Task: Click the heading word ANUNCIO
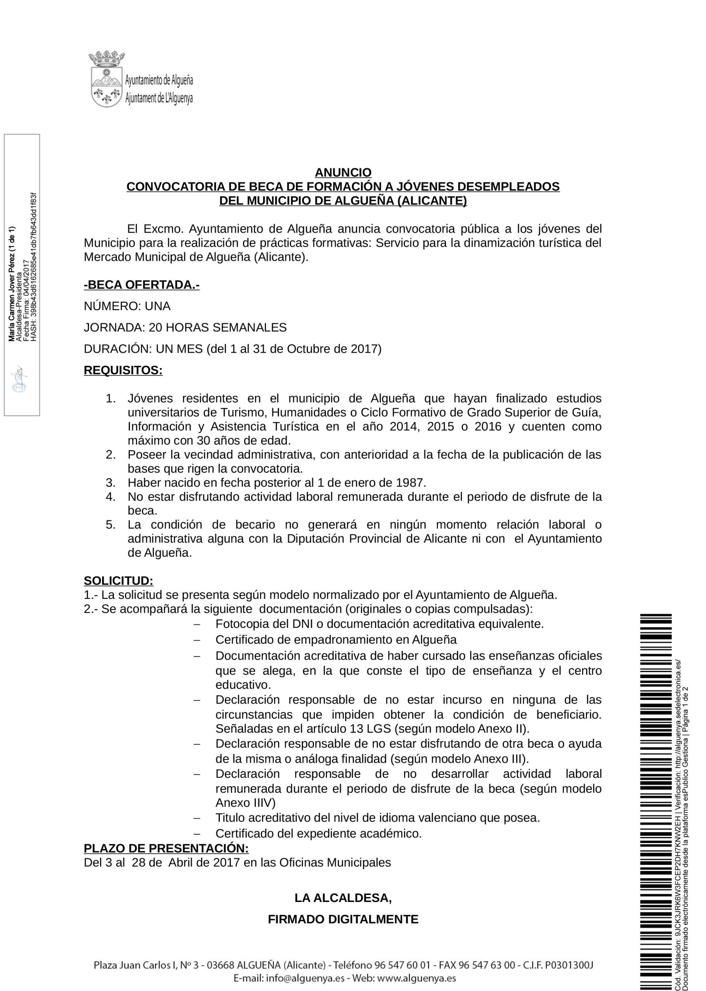pos(343,173)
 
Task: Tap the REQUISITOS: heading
pos(123,370)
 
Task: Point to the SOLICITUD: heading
pos(118,581)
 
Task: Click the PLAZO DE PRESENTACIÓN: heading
pos(166,849)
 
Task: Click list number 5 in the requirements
pos(110,525)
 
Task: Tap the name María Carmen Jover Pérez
pos(12,287)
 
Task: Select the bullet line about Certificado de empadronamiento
pos(336,640)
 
